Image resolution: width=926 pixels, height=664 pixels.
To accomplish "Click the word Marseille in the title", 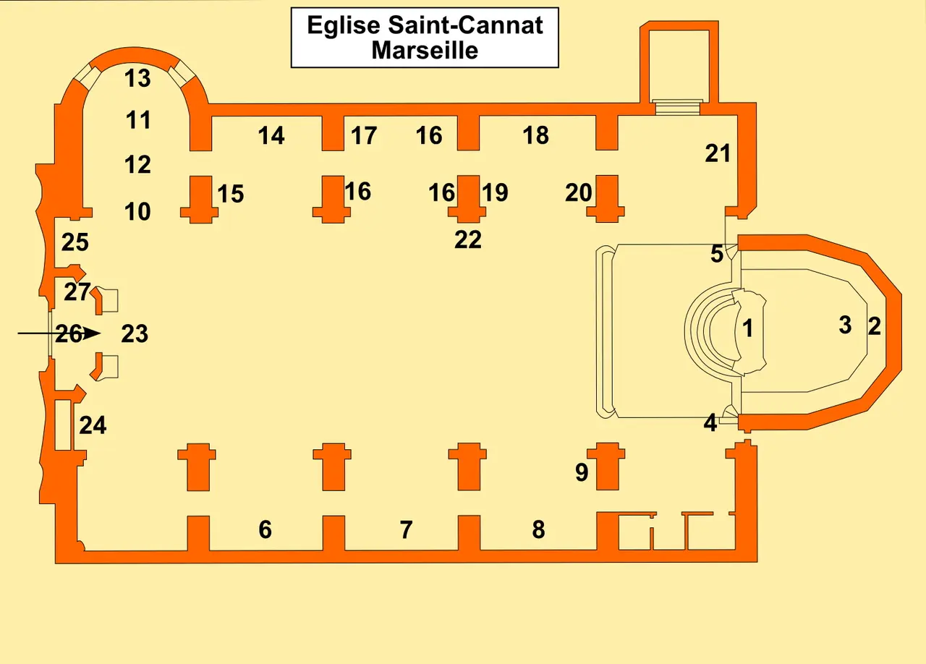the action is tap(425, 51).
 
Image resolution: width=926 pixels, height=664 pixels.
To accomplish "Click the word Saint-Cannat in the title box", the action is tap(465, 25).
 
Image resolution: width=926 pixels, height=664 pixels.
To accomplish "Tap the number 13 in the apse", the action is tap(137, 78).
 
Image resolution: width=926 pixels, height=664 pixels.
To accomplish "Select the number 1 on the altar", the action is tap(747, 329).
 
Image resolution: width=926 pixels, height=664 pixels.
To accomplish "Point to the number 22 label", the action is tap(468, 240).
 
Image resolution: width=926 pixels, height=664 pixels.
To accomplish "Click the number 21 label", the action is tap(718, 153).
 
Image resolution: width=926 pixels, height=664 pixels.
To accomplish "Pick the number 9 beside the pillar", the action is tap(582, 472).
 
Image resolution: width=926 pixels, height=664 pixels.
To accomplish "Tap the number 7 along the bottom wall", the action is tap(407, 529).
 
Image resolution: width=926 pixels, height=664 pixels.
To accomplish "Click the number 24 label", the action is tap(93, 425).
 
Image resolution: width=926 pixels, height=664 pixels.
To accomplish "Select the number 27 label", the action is tap(77, 292).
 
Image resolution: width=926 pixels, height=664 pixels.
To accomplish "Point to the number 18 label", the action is tap(536, 135).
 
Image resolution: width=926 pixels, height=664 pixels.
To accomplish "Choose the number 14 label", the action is tap(271, 135).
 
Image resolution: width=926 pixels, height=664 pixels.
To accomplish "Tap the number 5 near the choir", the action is tap(717, 253).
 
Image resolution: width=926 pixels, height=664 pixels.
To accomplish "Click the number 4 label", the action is tap(710, 423).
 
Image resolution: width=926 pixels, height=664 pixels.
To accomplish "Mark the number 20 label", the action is tap(579, 192).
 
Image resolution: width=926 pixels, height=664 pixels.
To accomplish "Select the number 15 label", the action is tap(231, 194).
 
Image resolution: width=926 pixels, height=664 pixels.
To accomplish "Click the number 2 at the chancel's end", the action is tap(875, 326).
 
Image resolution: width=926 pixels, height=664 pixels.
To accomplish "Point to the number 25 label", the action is tap(75, 242).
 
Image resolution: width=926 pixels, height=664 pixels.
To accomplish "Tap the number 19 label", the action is tap(496, 192).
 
